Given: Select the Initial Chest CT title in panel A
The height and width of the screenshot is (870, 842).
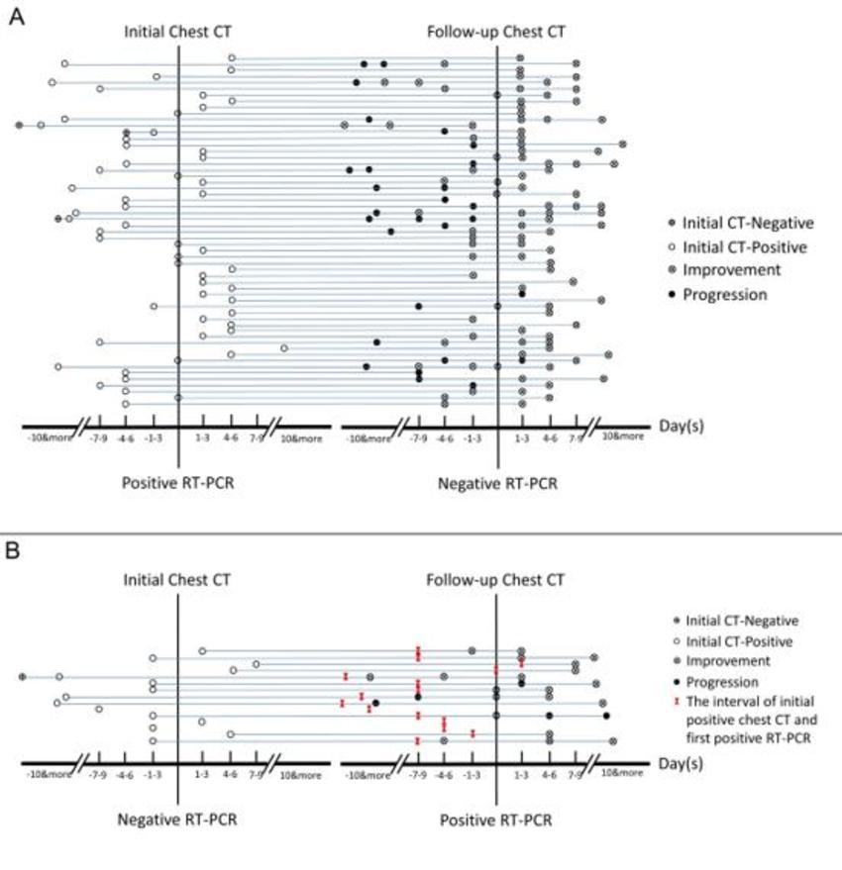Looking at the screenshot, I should [177, 32].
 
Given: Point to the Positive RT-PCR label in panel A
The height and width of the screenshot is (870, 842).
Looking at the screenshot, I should [177, 483].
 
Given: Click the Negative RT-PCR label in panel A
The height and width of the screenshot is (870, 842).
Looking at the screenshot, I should [495, 483].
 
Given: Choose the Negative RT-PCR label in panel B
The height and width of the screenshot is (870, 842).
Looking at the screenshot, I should [177, 820].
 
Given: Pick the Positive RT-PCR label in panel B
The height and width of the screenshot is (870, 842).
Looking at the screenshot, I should [495, 820].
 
